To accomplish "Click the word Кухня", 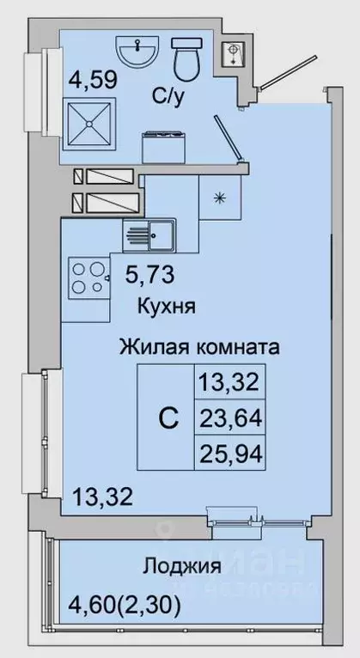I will click(168, 305).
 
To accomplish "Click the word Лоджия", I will click(182, 566).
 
